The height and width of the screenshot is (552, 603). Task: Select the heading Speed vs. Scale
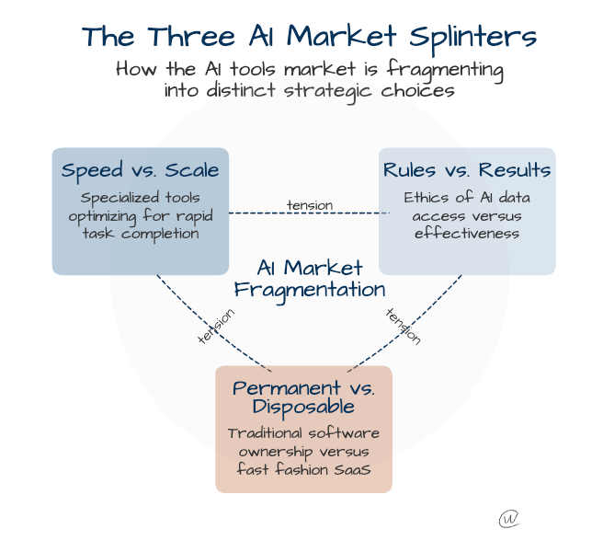tap(140, 170)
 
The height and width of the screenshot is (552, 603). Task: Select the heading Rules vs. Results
tap(467, 170)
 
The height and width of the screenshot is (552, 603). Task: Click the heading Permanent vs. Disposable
tap(303, 397)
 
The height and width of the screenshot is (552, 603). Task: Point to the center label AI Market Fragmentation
tap(309, 278)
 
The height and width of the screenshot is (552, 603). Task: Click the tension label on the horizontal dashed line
tap(310, 204)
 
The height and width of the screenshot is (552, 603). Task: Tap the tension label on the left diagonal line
tap(216, 327)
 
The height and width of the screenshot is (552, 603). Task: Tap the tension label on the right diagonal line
tap(403, 326)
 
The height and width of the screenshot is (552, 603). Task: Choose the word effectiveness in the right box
tap(467, 233)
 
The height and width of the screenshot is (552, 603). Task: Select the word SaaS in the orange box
tap(349, 469)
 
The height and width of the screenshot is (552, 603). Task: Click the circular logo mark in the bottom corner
tap(508, 519)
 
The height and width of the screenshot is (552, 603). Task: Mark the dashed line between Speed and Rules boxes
tap(257, 213)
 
